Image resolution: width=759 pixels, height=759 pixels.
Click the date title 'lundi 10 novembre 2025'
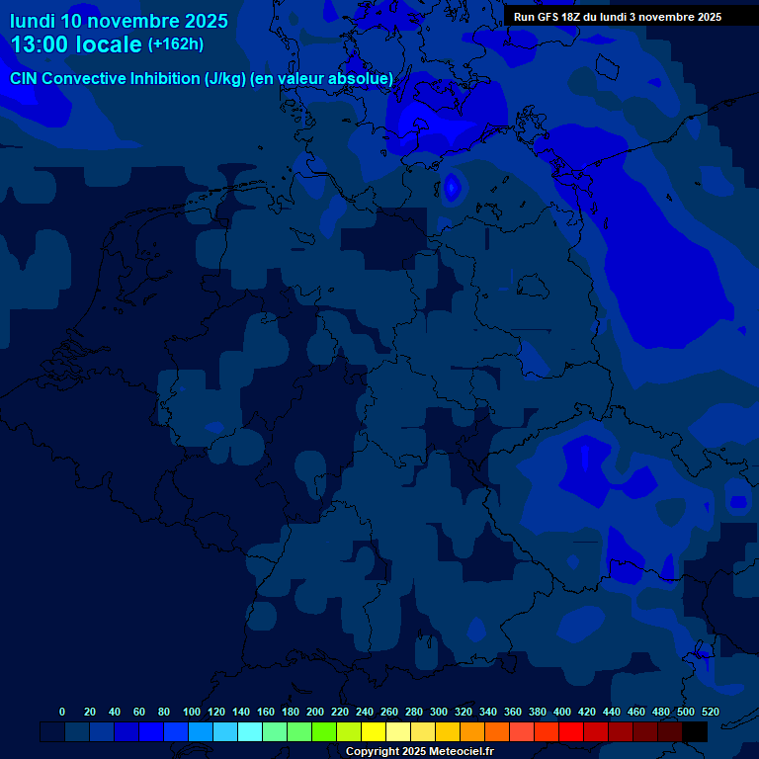[x=119, y=21]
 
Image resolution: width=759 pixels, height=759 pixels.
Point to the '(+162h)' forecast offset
[x=175, y=44]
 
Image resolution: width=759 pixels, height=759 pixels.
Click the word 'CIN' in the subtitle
[x=24, y=79]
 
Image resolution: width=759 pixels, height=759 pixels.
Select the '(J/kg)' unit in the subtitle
[x=226, y=79]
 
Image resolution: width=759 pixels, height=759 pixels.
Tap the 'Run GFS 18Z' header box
[x=617, y=17]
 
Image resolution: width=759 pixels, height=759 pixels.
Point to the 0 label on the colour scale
[x=62, y=712]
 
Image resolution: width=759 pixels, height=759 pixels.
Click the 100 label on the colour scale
[x=192, y=712]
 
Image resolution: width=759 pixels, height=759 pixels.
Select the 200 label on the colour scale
[x=315, y=712]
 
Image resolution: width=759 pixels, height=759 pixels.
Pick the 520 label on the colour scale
[x=710, y=712]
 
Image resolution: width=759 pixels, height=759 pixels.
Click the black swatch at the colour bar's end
[x=695, y=731]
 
